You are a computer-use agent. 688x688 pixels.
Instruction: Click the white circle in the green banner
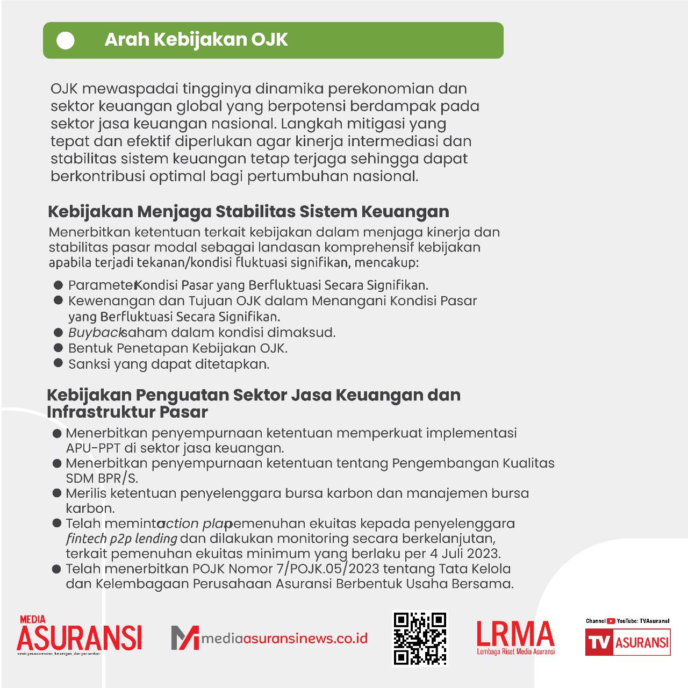click(x=66, y=40)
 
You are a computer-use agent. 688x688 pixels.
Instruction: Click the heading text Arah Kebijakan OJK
click(x=196, y=40)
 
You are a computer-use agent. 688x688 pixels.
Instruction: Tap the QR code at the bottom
click(x=420, y=638)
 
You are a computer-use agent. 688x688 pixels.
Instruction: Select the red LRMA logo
click(x=515, y=637)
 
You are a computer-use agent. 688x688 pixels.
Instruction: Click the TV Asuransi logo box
click(x=627, y=642)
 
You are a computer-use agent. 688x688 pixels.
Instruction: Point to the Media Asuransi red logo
click(x=79, y=636)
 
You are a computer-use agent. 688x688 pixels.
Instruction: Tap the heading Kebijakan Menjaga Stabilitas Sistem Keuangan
click(x=248, y=212)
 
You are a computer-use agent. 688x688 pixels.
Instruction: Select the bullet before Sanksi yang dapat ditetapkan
click(x=59, y=363)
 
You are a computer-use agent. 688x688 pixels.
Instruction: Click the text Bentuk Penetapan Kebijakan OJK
click(x=178, y=348)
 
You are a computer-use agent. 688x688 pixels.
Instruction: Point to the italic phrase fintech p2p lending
click(x=121, y=539)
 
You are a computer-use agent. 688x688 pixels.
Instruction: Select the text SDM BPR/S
click(x=102, y=478)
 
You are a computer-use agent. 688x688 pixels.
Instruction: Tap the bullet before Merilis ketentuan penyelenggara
click(x=57, y=493)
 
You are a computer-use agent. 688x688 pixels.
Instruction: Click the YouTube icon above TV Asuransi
click(x=611, y=621)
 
